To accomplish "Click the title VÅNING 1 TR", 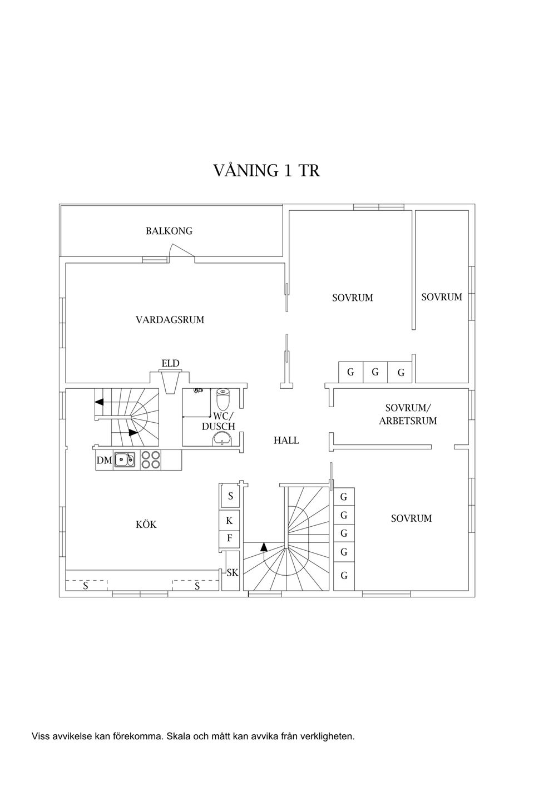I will coord(266,170).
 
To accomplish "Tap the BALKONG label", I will coord(169,231).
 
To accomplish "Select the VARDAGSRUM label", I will coord(170,320).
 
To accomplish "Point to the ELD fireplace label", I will coord(170,364).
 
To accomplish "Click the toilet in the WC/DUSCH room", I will coord(223,399).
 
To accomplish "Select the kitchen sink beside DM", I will coord(125,460).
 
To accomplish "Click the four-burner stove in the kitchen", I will coord(151,459).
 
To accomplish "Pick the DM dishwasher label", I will coord(103,461).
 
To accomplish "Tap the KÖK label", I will coord(146,525).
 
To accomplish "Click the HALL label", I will coord(286,441).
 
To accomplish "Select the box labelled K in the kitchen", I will coord(229,521).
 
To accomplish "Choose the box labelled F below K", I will coord(229,539).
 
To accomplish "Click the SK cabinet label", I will coord(233,572).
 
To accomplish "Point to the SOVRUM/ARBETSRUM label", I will coord(408,414).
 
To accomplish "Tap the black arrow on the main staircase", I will coord(264,547).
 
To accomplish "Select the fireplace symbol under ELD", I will coord(170,381).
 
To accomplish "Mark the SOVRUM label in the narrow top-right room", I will coord(442,297).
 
